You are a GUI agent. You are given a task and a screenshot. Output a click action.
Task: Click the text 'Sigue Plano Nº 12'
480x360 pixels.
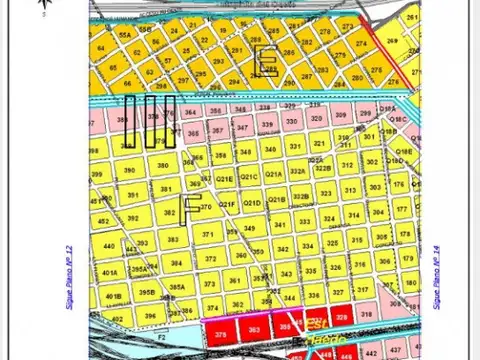70,274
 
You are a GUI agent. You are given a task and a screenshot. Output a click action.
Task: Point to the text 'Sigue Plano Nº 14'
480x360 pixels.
437,274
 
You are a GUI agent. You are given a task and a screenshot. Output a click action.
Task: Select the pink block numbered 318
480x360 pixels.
366,314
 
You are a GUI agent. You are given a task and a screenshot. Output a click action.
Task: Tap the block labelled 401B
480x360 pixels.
112,296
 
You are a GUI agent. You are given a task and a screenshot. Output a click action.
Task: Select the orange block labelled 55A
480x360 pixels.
124,35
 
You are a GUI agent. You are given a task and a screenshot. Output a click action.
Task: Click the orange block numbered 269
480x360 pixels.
392,41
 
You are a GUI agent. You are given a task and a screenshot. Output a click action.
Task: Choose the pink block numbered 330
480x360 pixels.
291,121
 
